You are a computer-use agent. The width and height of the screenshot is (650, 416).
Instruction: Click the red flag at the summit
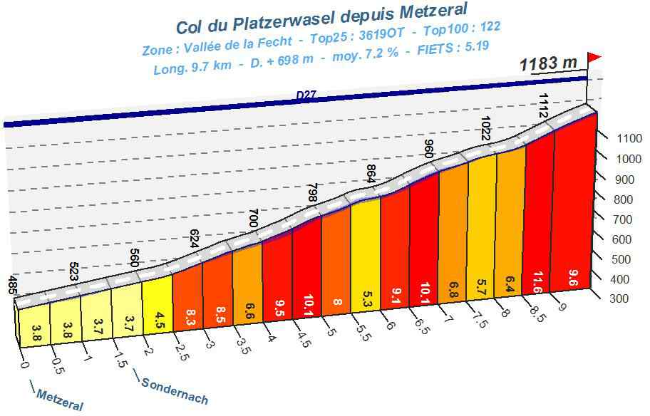click(x=594, y=57)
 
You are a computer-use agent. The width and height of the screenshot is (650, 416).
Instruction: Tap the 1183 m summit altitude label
click(x=548, y=63)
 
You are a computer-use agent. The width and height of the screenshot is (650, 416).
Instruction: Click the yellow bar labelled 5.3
click(x=366, y=256)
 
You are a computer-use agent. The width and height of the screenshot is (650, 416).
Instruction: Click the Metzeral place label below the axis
click(x=59, y=400)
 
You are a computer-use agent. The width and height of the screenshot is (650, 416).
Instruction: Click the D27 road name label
click(x=307, y=95)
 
